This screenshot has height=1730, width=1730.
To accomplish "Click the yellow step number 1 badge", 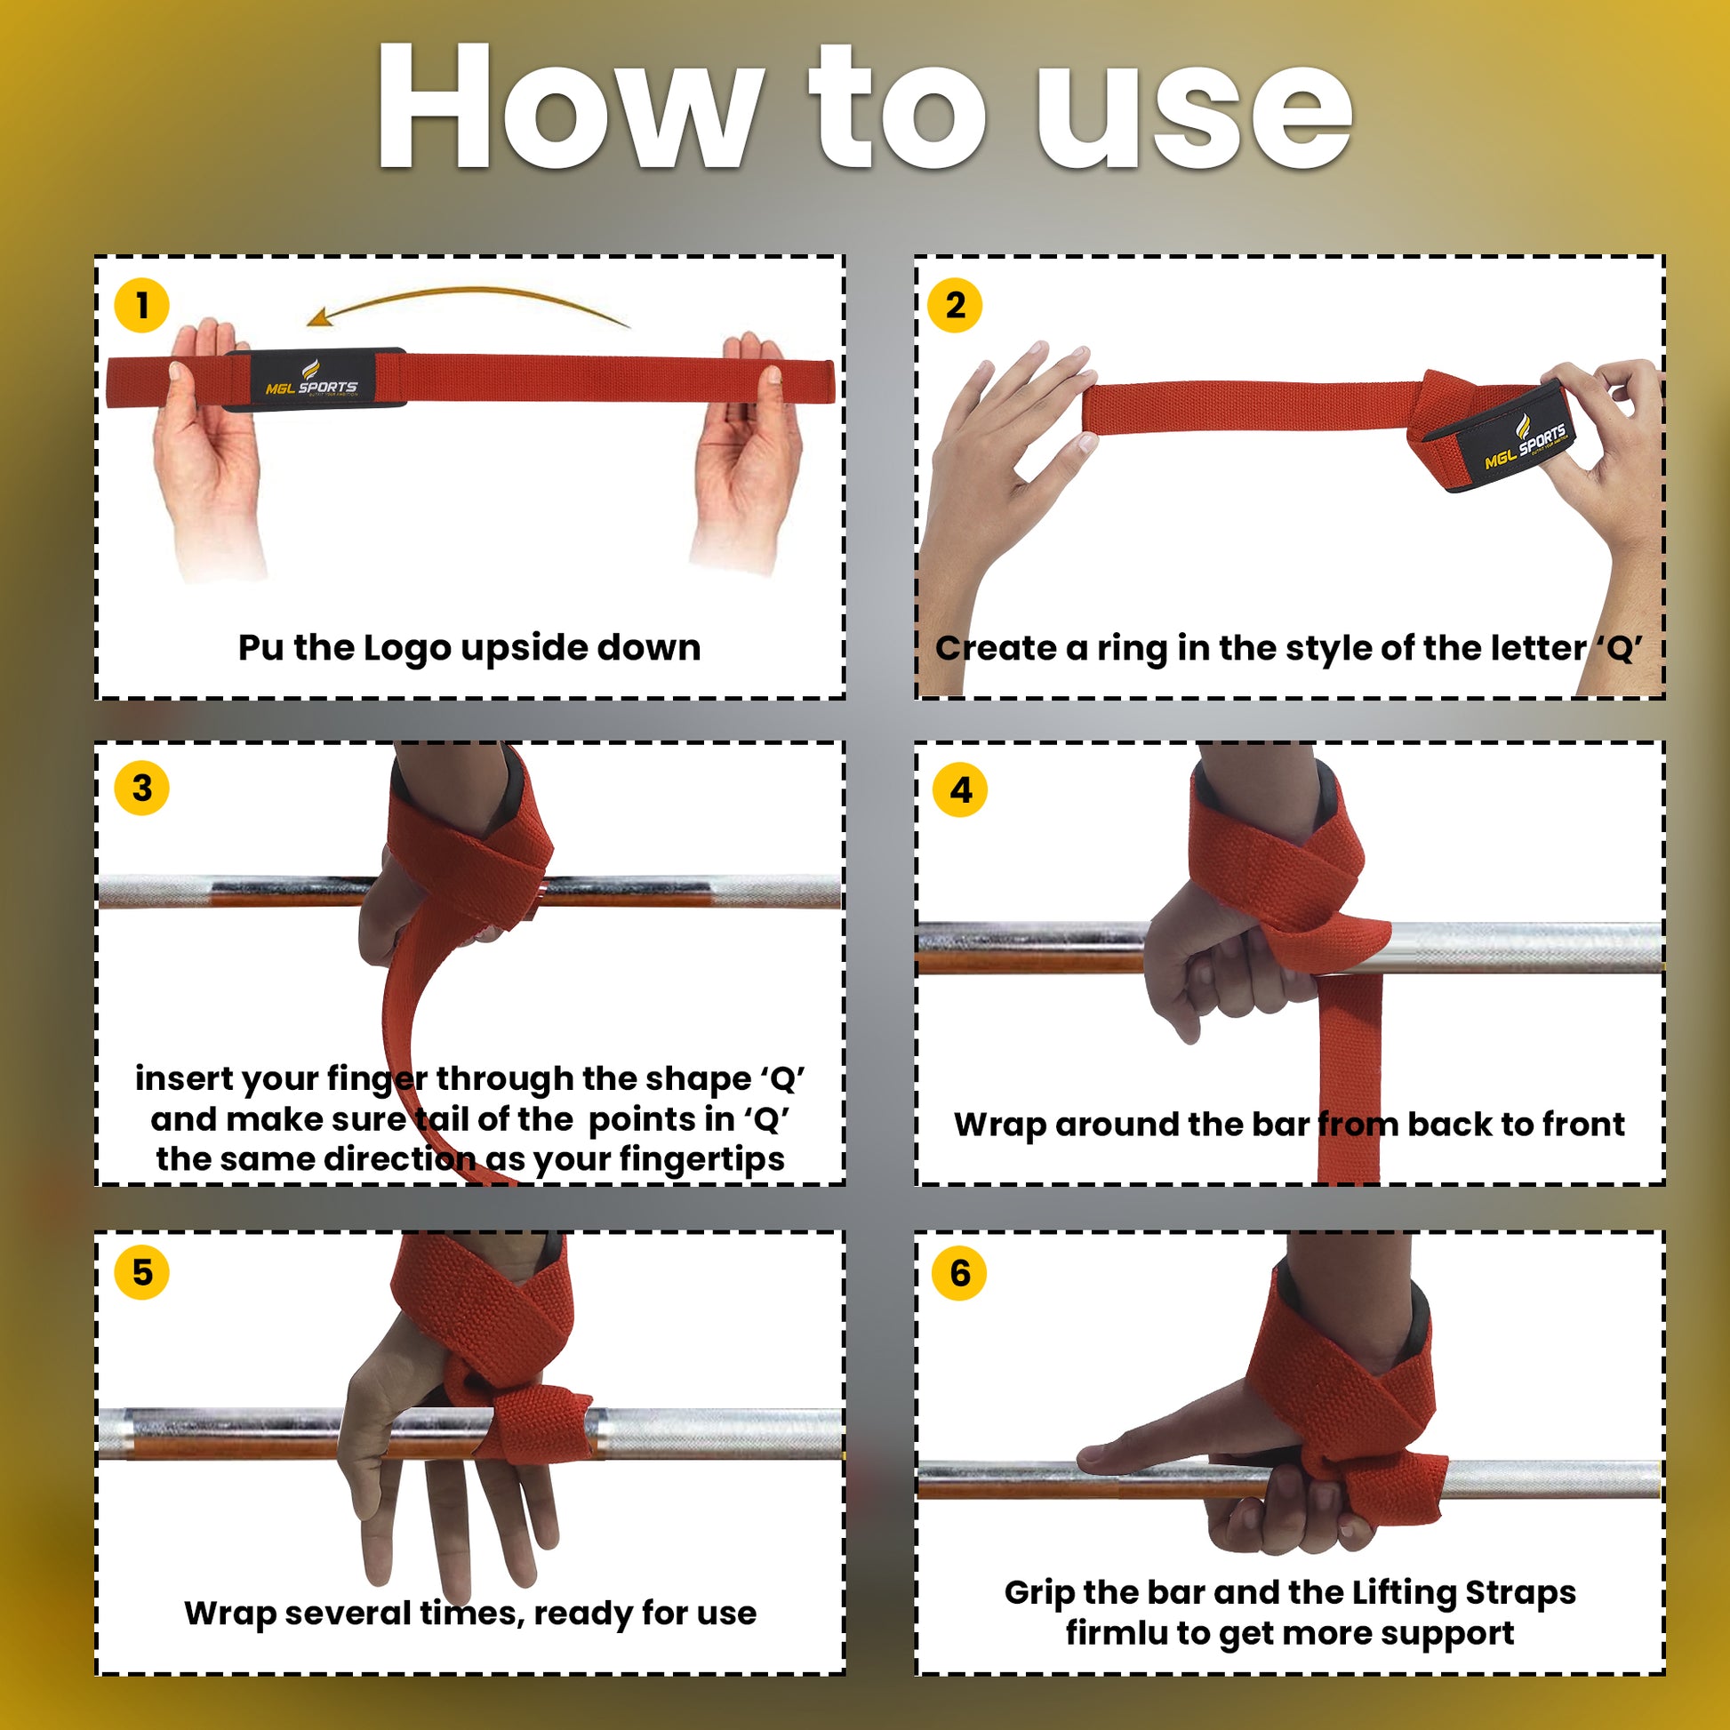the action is click(141, 305).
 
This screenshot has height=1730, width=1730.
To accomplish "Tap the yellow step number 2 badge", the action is click(956, 305).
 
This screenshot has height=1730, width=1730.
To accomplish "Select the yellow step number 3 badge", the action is click(141, 788).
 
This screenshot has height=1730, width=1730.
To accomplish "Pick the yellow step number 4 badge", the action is click(960, 789).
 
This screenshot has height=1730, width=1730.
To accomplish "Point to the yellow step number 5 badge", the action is click(141, 1272).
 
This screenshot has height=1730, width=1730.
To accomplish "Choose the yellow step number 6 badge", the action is click(959, 1273).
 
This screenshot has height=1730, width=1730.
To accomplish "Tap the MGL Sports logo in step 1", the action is click(312, 380).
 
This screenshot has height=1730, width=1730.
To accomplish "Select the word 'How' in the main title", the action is click(568, 106).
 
